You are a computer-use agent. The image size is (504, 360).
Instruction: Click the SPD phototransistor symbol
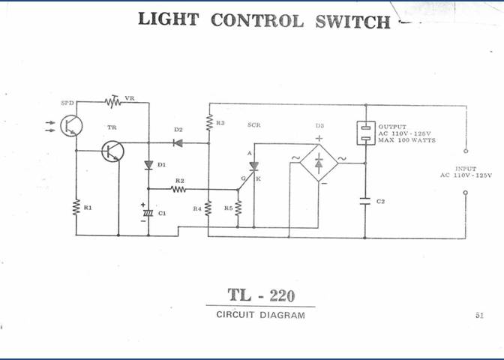(71, 125)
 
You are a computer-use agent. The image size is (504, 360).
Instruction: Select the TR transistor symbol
(113, 151)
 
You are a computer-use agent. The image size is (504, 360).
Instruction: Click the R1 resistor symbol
(76, 207)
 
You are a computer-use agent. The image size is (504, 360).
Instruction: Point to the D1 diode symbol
(148, 165)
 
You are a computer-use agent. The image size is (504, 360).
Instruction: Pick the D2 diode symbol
(178, 141)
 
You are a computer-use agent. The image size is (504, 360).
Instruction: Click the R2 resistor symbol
(178, 190)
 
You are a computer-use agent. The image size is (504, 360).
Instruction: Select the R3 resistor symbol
(208, 122)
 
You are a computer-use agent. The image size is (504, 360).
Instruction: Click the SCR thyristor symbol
(253, 166)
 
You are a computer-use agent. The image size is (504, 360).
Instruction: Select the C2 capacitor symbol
(365, 201)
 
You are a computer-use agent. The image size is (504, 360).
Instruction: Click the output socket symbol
(365, 132)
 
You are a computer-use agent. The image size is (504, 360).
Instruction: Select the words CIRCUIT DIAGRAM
(260, 315)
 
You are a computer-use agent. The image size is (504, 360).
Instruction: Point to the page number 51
(479, 316)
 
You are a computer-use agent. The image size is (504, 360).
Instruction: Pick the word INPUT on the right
(465, 169)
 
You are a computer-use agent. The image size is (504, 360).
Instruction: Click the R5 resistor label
(229, 208)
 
